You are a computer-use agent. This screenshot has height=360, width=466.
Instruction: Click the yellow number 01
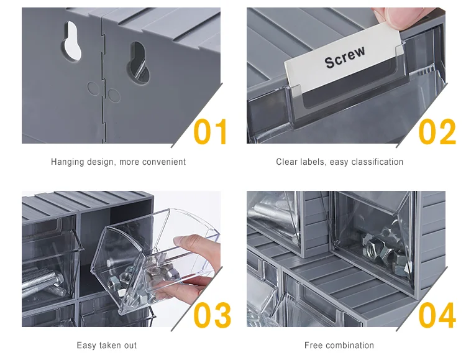210,132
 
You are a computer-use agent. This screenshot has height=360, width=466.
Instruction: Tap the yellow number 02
437,132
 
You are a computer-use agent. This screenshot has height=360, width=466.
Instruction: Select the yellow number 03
212,315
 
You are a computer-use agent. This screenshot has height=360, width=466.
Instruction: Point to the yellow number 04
437,315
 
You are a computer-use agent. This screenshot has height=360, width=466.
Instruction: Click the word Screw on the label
345,57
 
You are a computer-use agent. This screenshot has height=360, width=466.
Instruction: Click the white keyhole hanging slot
72,40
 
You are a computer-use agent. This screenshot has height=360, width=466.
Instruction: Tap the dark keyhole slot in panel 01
139,62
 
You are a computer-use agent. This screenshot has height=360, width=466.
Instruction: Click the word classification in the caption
377,162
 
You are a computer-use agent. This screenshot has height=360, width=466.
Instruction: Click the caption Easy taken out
106,346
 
